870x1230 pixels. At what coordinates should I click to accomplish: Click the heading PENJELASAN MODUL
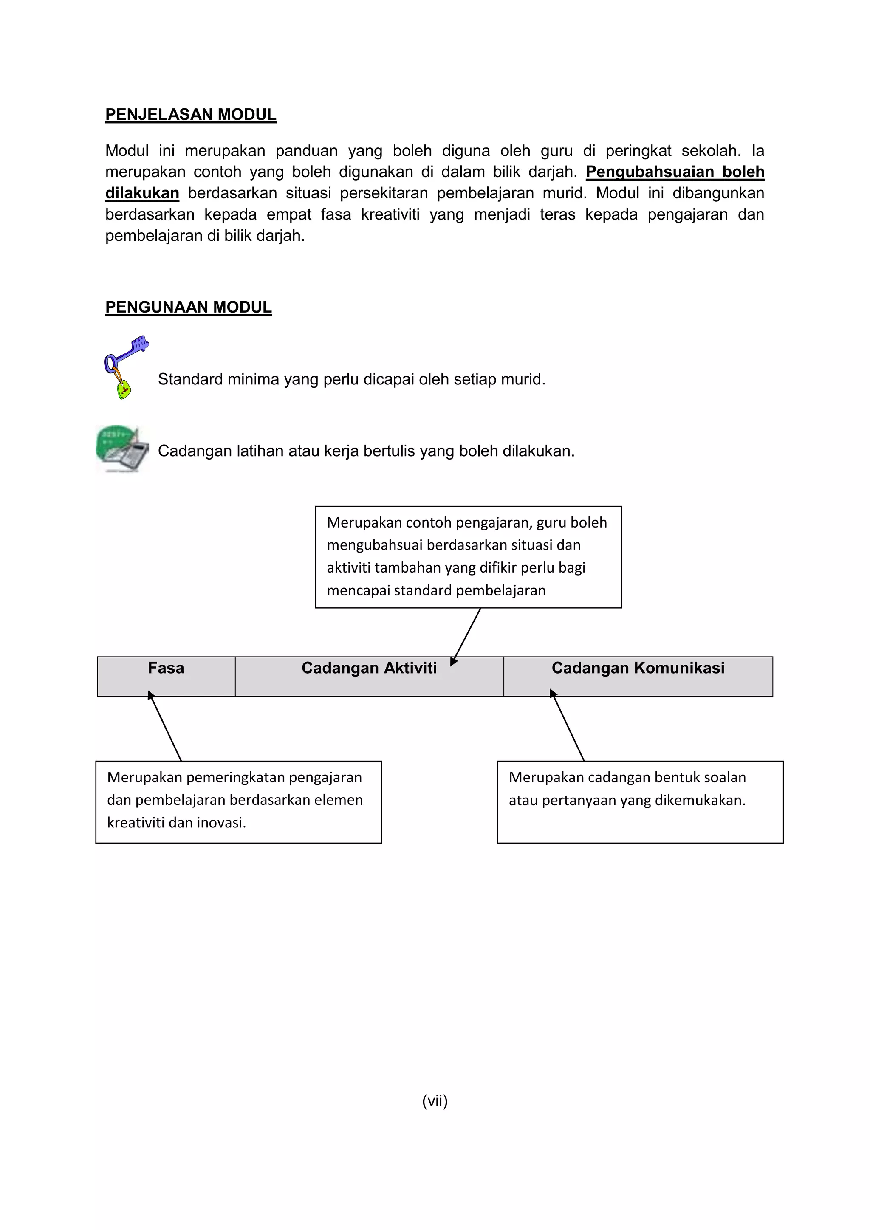click(x=191, y=115)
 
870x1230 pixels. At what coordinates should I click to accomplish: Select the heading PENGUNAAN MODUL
click(x=188, y=307)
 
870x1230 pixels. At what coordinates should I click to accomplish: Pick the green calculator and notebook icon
click(x=123, y=449)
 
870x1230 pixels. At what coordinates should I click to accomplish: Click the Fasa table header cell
click(x=166, y=676)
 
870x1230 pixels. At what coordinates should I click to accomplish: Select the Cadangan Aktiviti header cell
click(x=369, y=676)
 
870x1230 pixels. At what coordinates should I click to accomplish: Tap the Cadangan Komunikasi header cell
click(x=638, y=676)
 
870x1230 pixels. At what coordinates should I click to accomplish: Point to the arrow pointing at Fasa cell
click(x=165, y=726)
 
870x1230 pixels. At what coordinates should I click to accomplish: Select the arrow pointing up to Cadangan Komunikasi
click(x=568, y=726)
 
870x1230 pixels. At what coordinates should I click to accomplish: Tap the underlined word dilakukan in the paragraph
click(x=142, y=193)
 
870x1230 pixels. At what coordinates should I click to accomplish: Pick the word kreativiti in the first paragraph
click(x=390, y=214)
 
